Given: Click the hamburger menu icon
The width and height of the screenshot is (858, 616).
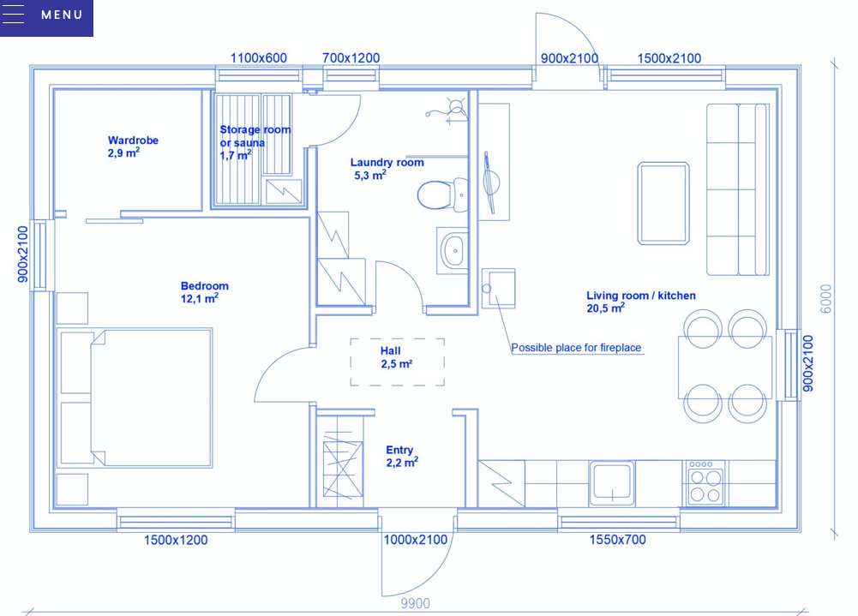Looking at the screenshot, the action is (x=13, y=15).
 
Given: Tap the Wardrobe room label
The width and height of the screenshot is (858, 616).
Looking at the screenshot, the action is (x=133, y=141).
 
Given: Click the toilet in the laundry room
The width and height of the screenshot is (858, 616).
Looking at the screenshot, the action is (x=442, y=194).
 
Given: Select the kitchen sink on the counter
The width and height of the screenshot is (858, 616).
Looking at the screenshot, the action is (x=612, y=483).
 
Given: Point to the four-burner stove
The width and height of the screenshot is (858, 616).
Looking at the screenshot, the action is (x=705, y=483).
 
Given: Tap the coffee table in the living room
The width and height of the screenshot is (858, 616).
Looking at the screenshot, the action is (x=663, y=203).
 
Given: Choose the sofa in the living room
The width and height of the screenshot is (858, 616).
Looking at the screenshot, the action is (x=738, y=189).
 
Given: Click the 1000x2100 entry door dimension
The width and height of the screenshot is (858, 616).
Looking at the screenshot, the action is (x=416, y=540).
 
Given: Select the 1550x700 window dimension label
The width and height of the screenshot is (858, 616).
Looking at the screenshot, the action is (x=617, y=540).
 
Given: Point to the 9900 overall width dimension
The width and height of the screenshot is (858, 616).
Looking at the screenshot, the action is (x=416, y=603).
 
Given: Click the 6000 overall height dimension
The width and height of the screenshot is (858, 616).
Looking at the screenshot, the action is (x=826, y=299).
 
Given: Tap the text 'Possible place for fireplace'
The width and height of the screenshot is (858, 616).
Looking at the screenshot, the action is (x=576, y=347).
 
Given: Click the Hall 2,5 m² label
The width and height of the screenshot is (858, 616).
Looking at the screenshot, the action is (x=396, y=357).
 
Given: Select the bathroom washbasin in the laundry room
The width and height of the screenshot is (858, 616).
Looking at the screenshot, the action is (x=453, y=251).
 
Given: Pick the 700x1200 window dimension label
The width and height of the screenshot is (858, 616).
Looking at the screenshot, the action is (x=351, y=57).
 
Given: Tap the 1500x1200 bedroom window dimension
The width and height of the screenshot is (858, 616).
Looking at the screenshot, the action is (x=176, y=540).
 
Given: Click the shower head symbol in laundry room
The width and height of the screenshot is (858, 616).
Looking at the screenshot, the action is (x=456, y=106).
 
